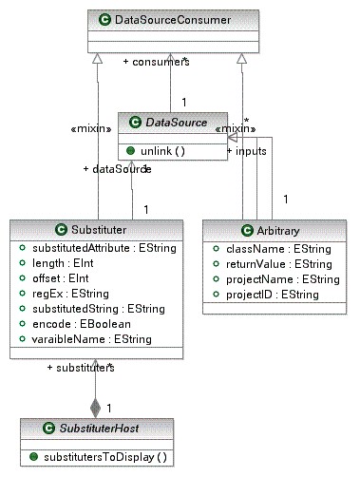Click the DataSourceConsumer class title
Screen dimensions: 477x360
[181, 19]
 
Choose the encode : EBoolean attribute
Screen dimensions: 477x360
[79, 324]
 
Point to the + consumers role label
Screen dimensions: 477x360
[156, 62]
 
